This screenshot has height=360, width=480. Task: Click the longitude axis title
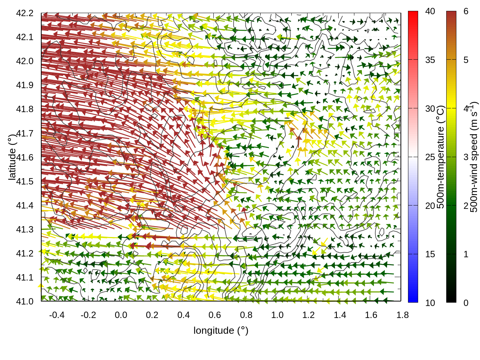[221, 330]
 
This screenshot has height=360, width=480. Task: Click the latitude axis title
[12, 157]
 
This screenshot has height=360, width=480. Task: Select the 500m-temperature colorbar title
[441, 157]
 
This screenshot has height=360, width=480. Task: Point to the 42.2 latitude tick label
[25, 13]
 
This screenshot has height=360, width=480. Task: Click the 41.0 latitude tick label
[25, 301]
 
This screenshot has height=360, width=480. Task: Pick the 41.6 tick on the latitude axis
[25, 157]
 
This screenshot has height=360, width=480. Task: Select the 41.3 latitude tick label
[25, 229]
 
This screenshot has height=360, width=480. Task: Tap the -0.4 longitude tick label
[57, 315]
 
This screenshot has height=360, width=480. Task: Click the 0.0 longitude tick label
[121, 315]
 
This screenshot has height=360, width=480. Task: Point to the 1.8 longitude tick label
[403, 315]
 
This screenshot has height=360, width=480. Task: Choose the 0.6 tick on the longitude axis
[215, 315]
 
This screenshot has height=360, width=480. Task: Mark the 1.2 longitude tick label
[309, 315]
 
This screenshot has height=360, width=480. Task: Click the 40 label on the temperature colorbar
[430, 12]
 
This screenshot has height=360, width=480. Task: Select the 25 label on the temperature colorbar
[430, 157]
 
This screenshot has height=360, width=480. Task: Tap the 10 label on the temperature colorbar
[430, 303]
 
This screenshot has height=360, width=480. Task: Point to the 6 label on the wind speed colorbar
[466, 12]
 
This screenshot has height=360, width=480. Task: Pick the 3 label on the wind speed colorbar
[466, 157]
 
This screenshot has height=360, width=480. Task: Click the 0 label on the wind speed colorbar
[466, 303]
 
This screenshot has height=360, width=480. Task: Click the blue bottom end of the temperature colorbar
[413, 298]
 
